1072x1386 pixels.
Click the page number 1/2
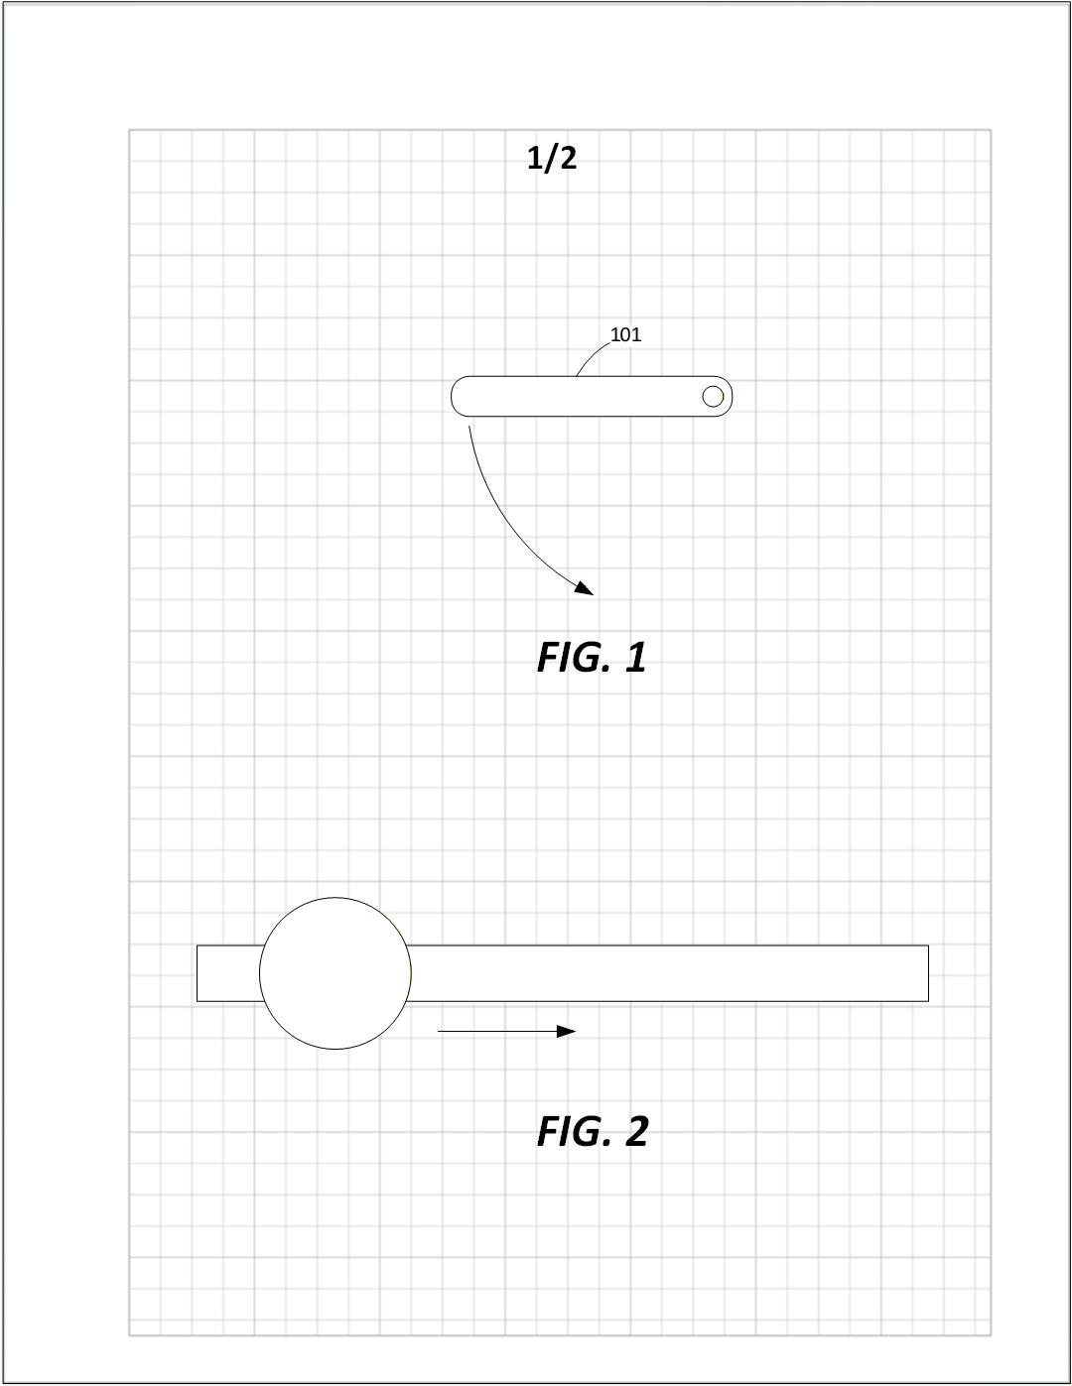(552, 158)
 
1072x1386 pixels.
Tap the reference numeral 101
(625, 334)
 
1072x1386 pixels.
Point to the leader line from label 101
(593, 355)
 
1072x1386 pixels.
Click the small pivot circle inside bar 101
(713, 397)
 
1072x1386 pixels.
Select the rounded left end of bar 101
(460, 397)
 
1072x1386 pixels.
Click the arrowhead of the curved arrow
(585, 588)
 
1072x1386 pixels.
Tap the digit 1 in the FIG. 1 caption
(636, 658)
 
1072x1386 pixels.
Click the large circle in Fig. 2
(335, 973)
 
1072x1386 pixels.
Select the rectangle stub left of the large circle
(228, 973)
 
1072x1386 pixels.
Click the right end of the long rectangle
(923, 973)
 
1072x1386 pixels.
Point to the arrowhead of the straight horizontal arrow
(567, 1032)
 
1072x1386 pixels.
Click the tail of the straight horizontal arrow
(441, 1032)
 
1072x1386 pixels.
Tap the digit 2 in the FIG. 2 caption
(636, 1132)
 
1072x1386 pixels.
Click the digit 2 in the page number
(566, 158)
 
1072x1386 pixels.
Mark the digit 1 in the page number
(536, 158)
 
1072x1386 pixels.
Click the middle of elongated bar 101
(592, 397)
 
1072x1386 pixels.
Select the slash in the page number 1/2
(551, 158)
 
